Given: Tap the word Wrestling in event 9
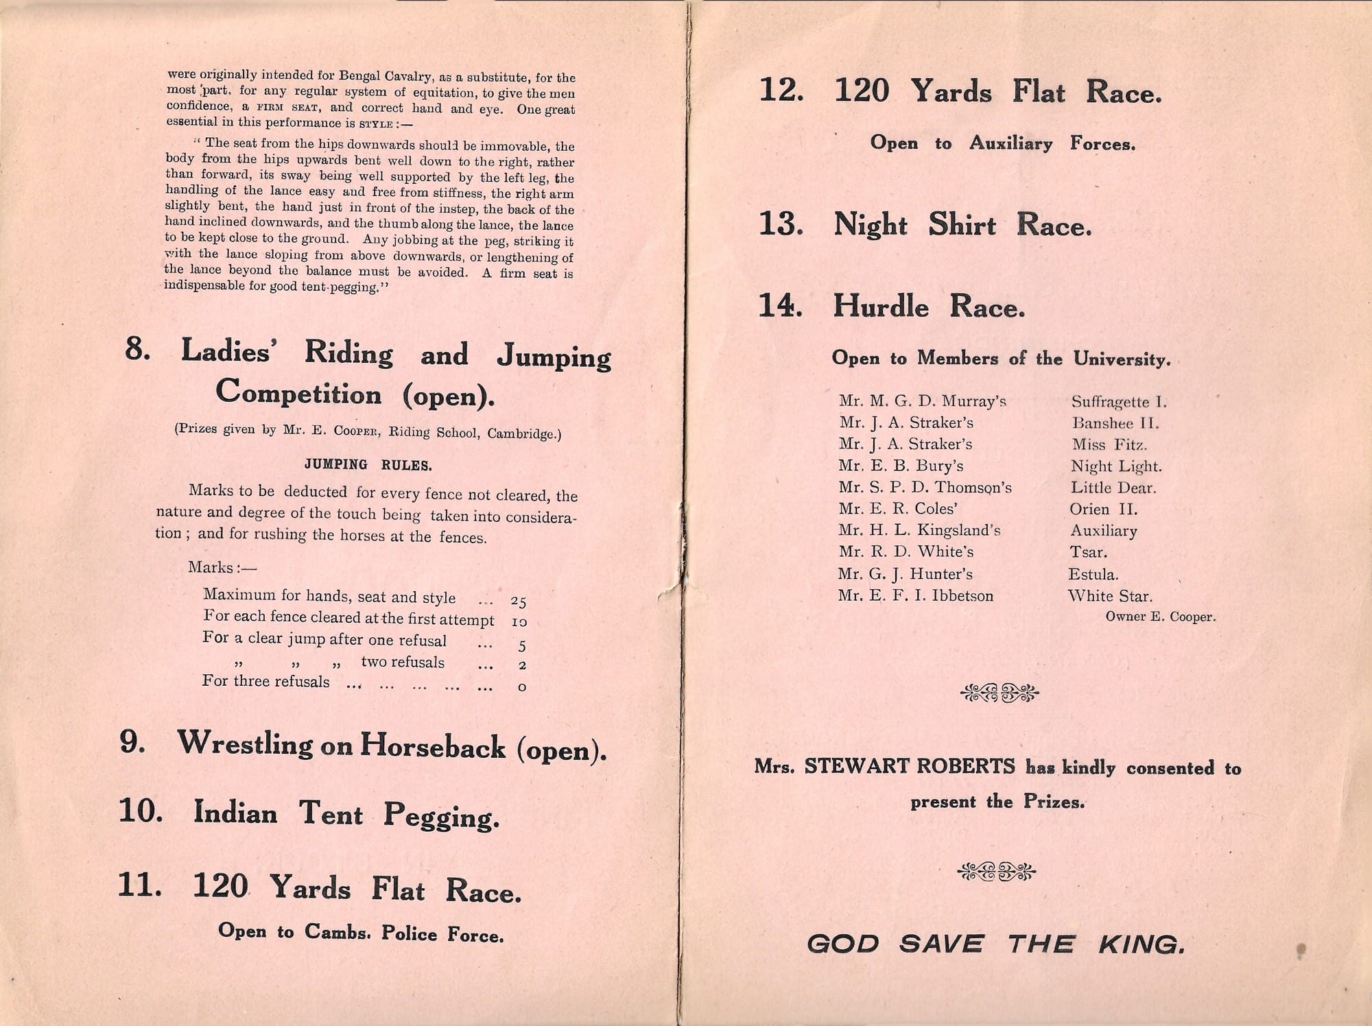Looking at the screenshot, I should (x=245, y=743).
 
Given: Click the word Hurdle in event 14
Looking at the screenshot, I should (x=881, y=307).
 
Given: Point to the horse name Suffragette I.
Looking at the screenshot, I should (x=1119, y=402).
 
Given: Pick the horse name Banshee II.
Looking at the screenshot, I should (x=1115, y=423).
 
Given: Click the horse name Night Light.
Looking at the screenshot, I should (x=1116, y=466).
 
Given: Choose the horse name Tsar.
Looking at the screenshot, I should (x=1088, y=552).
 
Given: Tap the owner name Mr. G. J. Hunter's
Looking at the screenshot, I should (x=905, y=574).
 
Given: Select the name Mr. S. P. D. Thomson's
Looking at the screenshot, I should (x=925, y=488).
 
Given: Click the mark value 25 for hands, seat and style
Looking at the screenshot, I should (x=518, y=601).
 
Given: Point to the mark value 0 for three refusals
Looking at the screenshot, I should (x=522, y=687).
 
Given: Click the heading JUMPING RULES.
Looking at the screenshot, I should (x=368, y=465).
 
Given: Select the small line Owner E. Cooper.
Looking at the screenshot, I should (x=1160, y=617).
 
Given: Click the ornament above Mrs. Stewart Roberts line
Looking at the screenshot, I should (x=1000, y=694).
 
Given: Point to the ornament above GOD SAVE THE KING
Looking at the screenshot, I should (x=997, y=872).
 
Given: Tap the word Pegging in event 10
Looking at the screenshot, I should (x=441, y=815).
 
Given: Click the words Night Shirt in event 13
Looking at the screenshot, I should (x=914, y=225).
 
